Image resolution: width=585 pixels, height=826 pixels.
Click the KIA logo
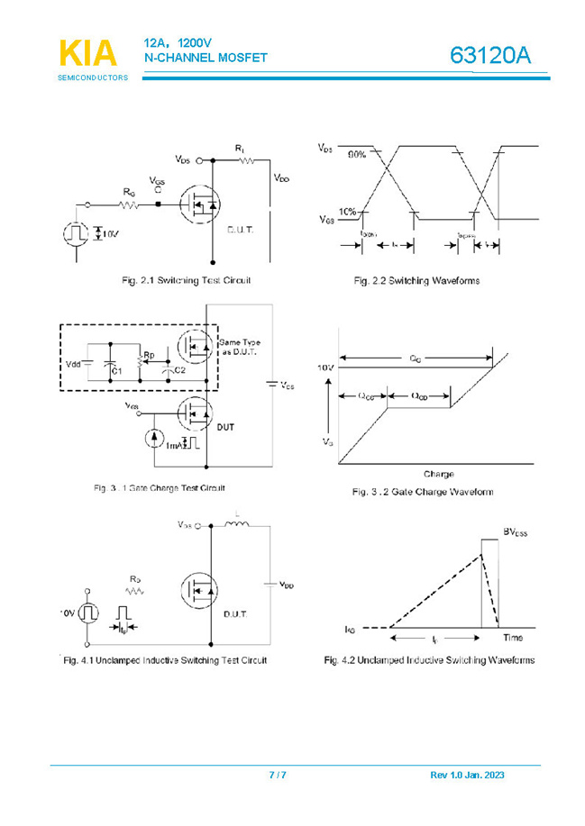coord(87,54)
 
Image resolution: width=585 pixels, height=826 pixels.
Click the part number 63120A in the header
coord(490,56)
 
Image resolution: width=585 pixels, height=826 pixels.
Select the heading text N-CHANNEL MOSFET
coord(206,59)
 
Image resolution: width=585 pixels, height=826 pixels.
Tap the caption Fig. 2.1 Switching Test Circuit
coord(186,281)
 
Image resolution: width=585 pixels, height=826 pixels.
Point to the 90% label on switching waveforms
coord(357,155)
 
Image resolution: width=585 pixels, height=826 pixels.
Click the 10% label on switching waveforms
coord(348,213)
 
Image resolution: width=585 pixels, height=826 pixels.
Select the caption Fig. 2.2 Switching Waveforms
coord(416,281)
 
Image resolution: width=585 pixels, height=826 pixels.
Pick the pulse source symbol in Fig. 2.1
coord(76,233)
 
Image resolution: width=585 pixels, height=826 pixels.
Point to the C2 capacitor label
coord(179,370)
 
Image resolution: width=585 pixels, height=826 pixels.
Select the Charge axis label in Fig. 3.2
coord(438,474)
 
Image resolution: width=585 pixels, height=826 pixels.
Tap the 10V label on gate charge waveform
coord(325,368)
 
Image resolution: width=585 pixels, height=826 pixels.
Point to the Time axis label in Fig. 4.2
coord(512,638)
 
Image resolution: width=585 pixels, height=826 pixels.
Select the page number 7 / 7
coord(278,776)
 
